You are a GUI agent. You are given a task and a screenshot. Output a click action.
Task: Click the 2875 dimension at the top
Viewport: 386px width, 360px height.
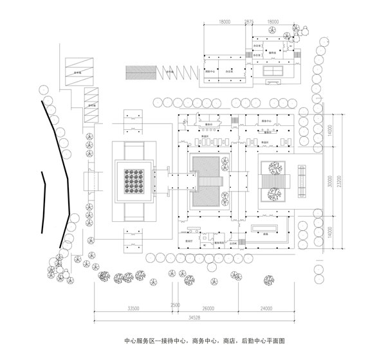[x=249, y=21]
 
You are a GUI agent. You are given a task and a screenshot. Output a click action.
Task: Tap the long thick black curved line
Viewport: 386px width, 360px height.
[x=60, y=174]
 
